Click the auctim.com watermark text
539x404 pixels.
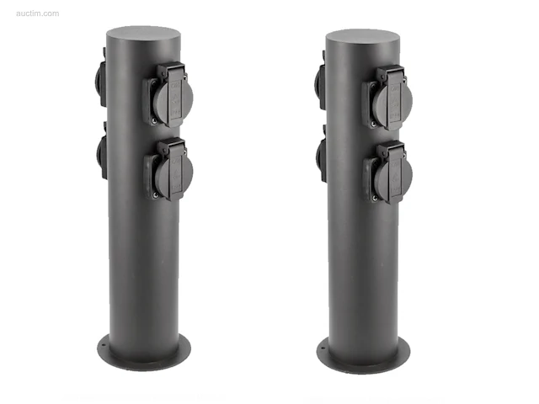(x=37, y=13)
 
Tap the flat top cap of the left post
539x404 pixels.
(x=143, y=34)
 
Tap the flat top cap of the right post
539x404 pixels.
(x=363, y=37)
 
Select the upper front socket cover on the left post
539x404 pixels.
(x=168, y=95)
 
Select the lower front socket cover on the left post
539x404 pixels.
(x=168, y=170)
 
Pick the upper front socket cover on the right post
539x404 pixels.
(x=387, y=98)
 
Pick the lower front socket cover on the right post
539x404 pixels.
(x=387, y=173)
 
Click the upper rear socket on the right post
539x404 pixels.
(x=320, y=81)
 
